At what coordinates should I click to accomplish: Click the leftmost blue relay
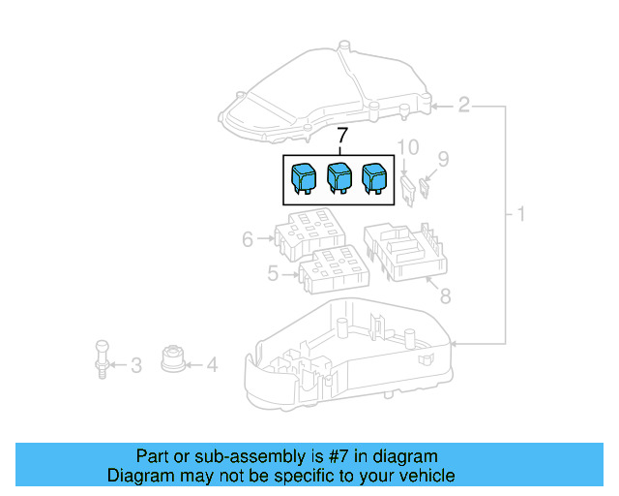pyautogui.click(x=304, y=178)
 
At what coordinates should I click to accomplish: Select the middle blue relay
pyautogui.click(x=339, y=178)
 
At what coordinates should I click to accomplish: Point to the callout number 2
pyautogui.click(x=463, y=105)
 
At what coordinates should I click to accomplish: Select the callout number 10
pyautogui.click(x=408, y=148)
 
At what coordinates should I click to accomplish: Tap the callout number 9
pyautogui.click(x=444, y=158)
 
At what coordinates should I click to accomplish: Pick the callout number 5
pyautogui.click(x=274, y=274)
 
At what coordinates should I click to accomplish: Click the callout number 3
pyautogui.click(x=135, y=365)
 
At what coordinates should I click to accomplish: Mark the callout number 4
pyautogui.click(x=212, y=365)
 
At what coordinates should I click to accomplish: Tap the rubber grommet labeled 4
pyautogui.click(x=172, y=357)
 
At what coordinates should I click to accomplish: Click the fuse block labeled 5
pyautogui.click(x=334, y=270)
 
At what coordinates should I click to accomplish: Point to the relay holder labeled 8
pyautogui.click(x=405, y=251)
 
